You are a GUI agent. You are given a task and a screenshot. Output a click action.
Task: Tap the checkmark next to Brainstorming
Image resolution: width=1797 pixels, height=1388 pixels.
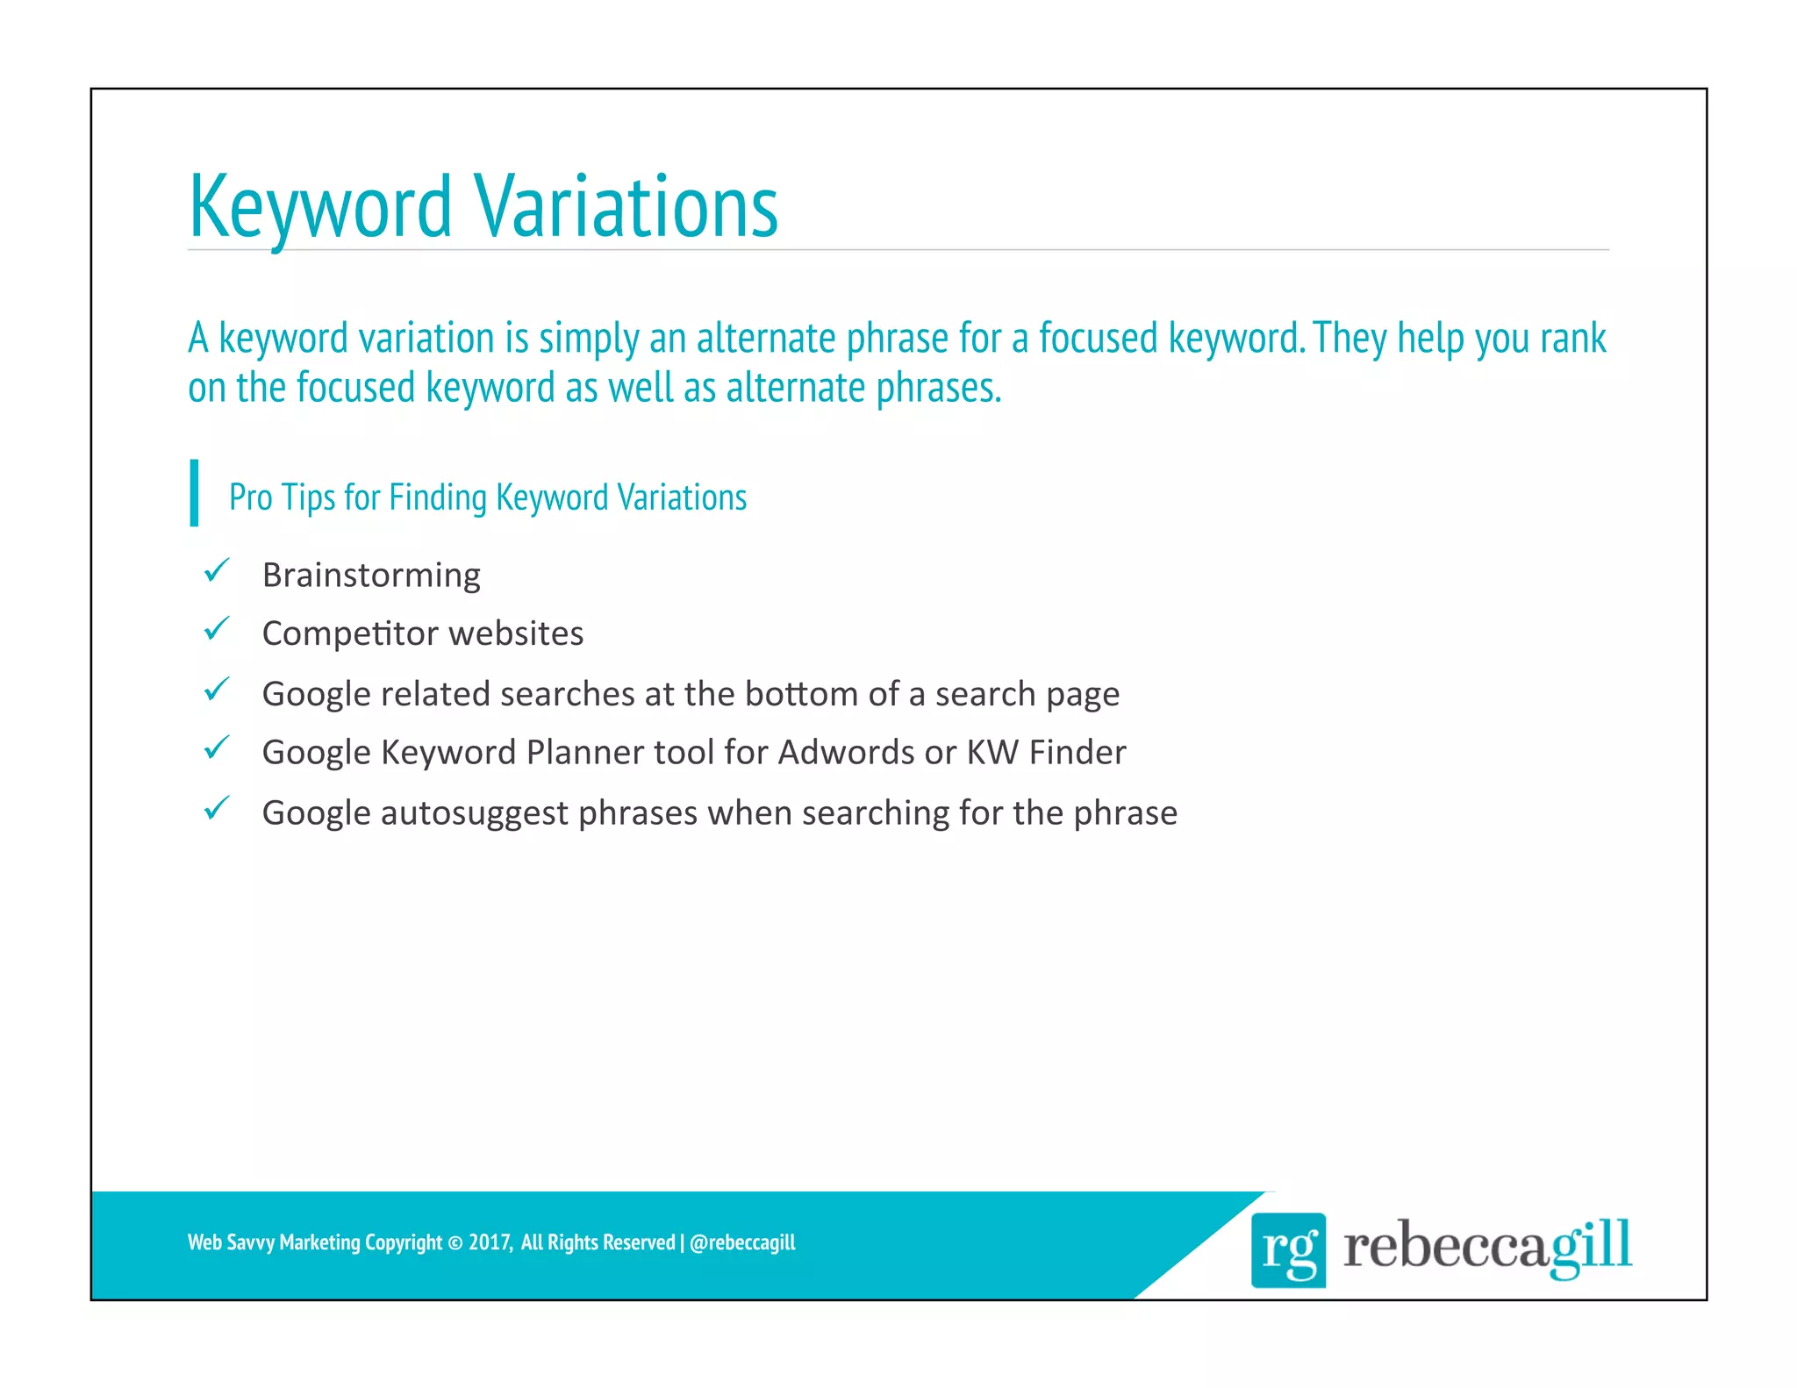coord(216,571)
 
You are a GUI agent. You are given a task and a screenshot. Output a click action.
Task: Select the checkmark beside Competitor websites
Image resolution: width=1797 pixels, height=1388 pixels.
coord(216,629)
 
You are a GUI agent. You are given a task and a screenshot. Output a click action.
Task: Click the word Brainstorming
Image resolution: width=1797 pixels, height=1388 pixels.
coord(371,576)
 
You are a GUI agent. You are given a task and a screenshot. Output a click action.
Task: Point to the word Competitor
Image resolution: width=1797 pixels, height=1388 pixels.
coord(352,633)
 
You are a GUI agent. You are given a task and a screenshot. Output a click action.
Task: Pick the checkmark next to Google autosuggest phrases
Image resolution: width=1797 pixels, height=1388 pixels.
coord(216,808)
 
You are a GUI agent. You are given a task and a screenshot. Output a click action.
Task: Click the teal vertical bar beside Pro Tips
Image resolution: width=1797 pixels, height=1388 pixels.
coord(194,493)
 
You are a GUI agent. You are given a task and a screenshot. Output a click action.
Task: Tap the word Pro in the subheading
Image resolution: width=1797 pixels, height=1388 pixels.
coord(250,497)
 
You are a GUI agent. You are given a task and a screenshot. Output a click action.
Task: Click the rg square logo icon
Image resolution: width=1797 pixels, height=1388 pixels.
coord(1287,1249)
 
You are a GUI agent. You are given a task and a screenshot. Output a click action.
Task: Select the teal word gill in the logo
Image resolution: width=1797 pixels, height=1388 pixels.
coord(1589,1246)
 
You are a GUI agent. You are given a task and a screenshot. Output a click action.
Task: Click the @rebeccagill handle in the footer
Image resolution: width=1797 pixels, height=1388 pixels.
coord(742,1242)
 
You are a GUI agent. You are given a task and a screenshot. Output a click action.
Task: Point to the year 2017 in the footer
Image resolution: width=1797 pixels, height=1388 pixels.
coord(489,1242)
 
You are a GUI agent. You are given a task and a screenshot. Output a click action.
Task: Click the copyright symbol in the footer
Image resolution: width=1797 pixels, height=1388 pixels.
coord(455,1243)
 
